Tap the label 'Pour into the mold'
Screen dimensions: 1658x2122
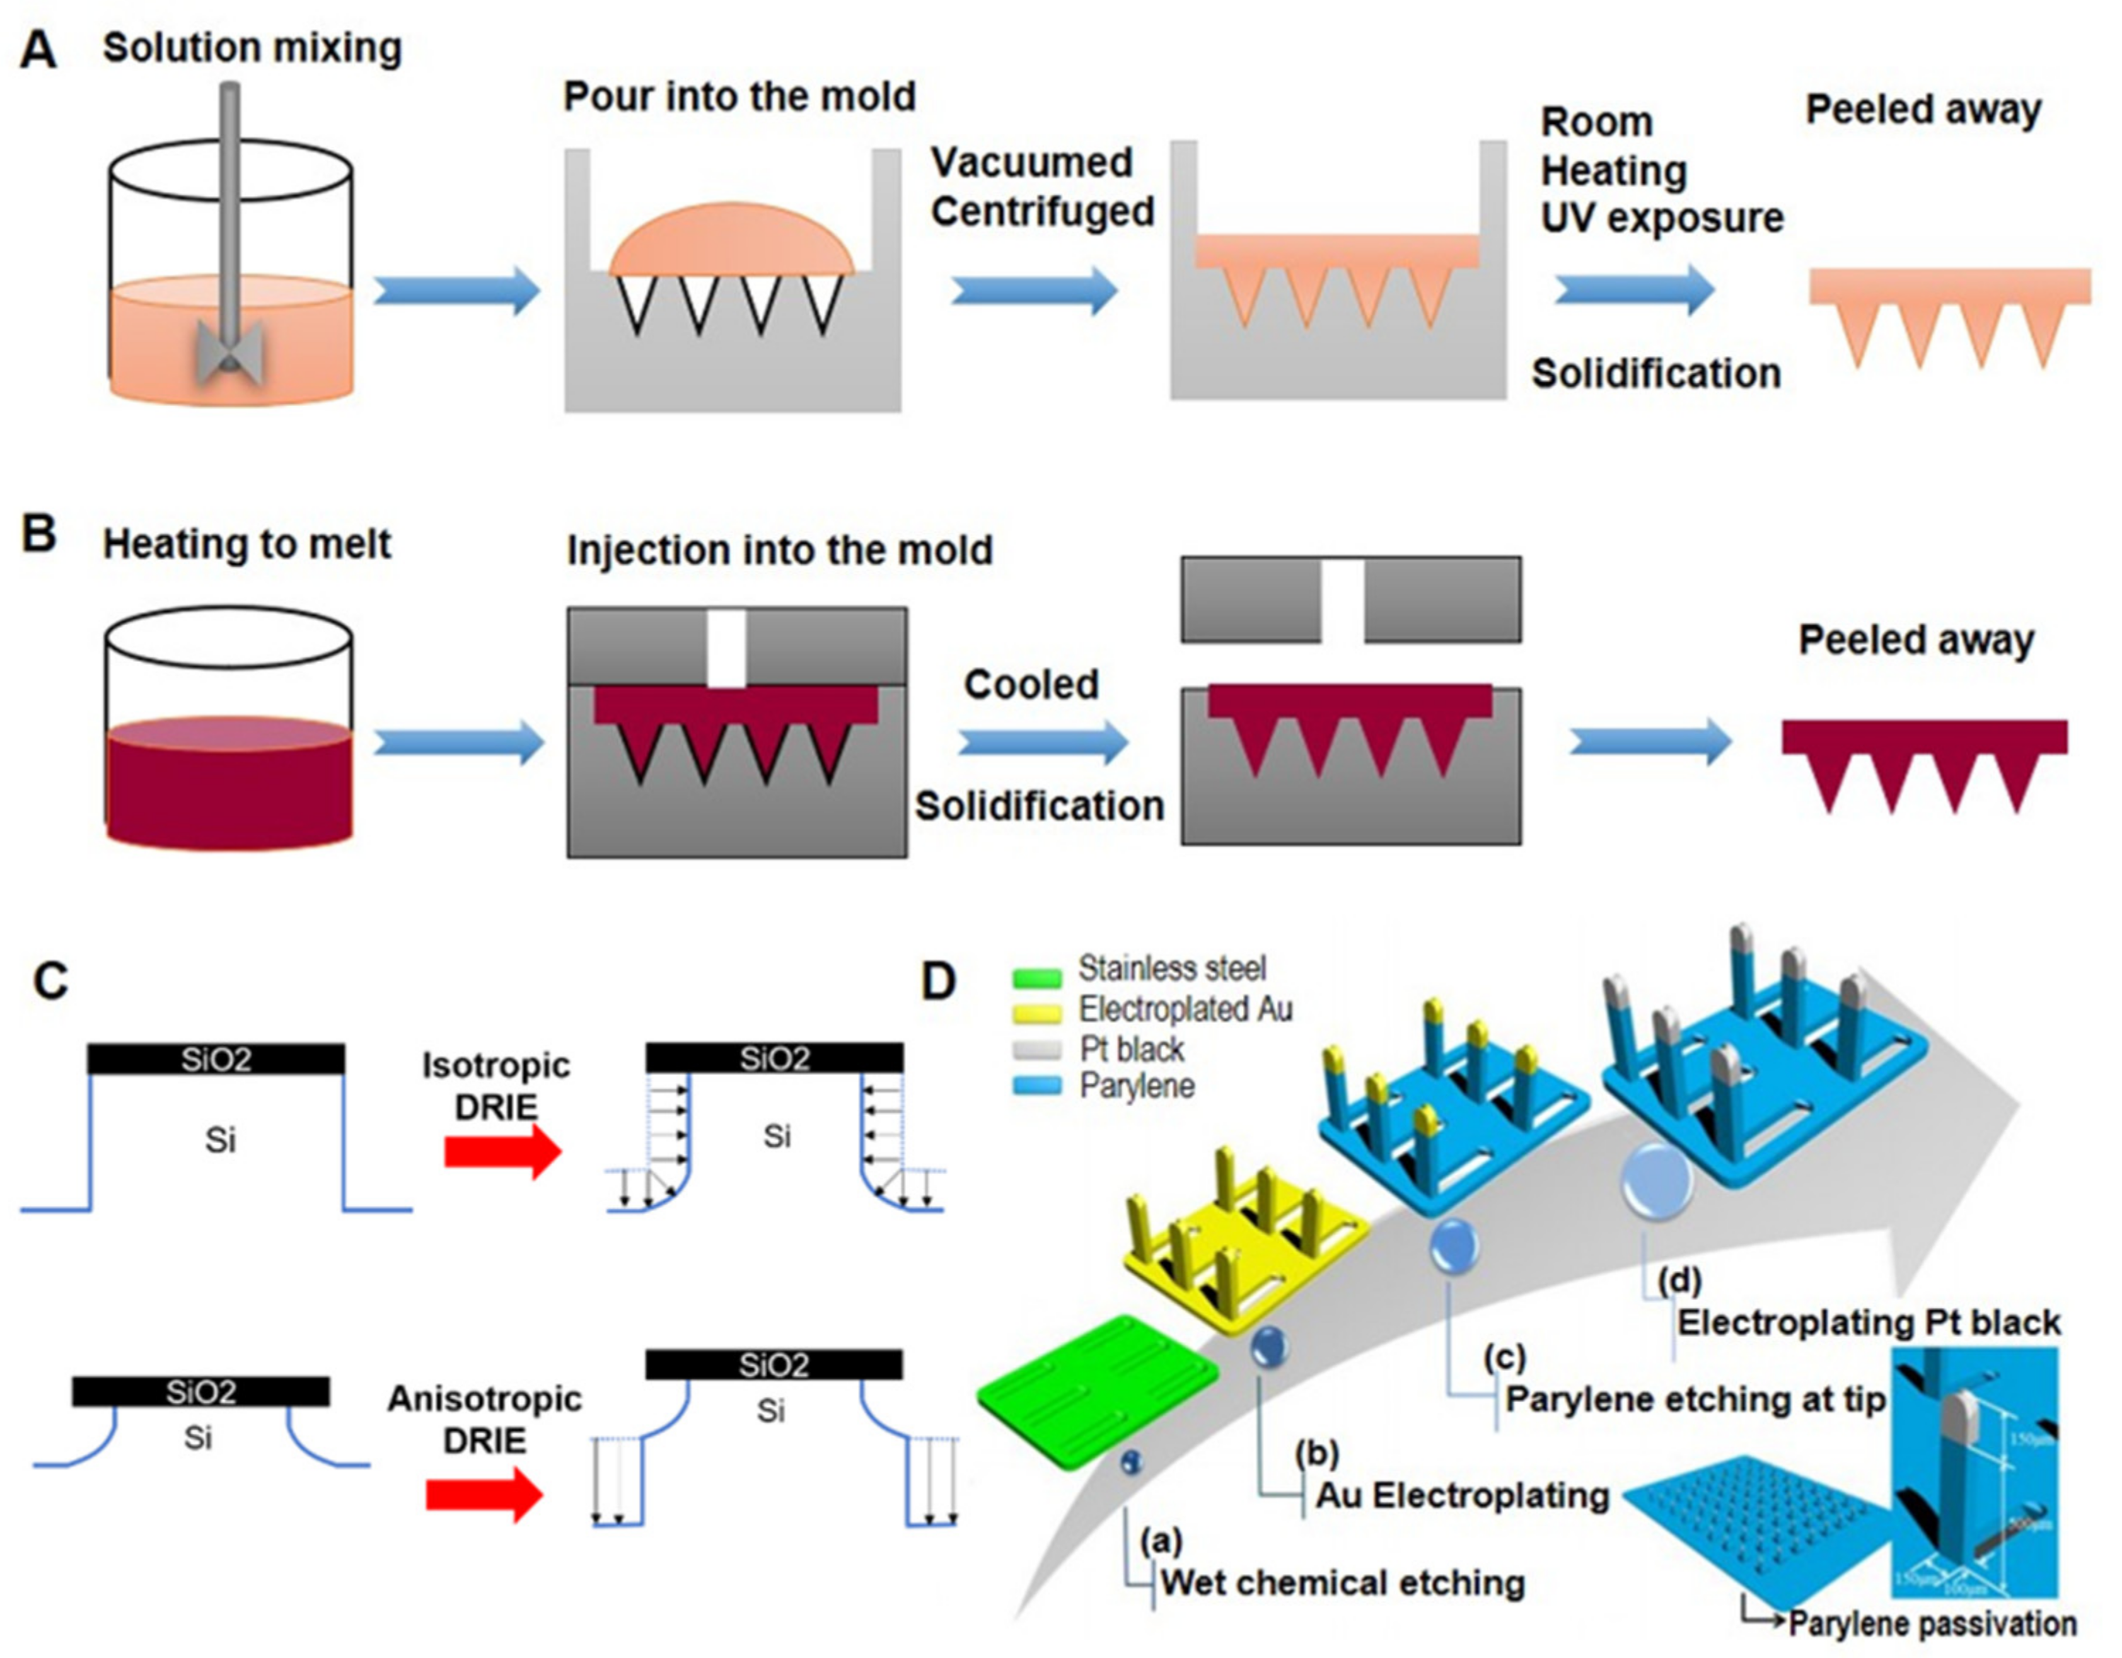pos(739,96)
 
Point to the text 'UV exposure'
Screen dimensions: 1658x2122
pos(1662,218)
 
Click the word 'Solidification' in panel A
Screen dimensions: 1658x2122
pos(1656,373)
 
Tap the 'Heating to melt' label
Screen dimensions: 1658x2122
pos(247,543)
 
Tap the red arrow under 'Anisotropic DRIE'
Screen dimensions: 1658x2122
pos(484,1496)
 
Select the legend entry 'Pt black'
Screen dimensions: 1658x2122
pos(1131,1049)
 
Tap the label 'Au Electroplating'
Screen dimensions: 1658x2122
pos(1462,1495)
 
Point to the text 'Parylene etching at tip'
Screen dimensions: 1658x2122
pos(1695,1400)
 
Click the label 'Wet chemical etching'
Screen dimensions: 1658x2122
pos(1342,1583)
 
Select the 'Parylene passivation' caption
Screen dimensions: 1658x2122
pos(1932,1624)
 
